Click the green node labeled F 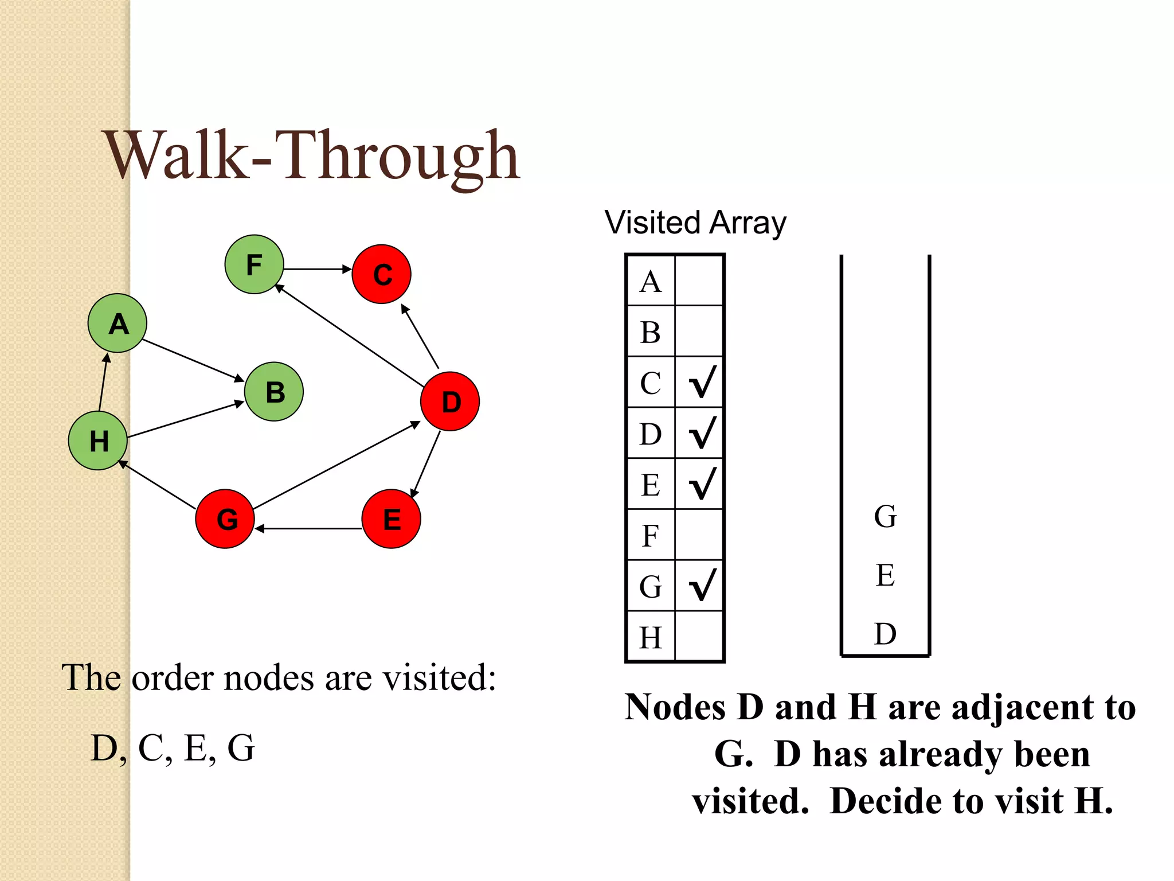(x=254, y=264)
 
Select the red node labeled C (x=381, y=274)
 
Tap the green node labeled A (x=118, y=323)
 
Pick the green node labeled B (x=274, y=392)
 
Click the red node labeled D (x=450, y=401)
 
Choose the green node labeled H (x=98, y=440)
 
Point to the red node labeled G (x=225, y=519)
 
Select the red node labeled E (x=392, y=519)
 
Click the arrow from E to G (x=310, y=528)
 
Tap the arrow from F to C (x=317, y=268)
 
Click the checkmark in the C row (x=702, y=383)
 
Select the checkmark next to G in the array (x=702, y=586)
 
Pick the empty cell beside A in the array (x=699, y=281)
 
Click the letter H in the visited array (x=651, y=637)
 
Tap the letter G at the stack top (x=885, y=516)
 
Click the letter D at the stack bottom (x=885, y=634)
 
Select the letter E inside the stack (x=885, y=575)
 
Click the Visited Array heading (x=695, y=223)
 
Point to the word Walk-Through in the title (x=312, y=155)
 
